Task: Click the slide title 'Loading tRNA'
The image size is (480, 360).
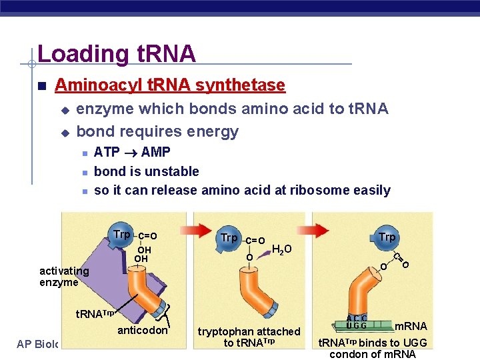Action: (117, 53)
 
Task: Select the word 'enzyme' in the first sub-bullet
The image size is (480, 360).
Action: (103, 109)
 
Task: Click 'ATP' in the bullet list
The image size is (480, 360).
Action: (107, 152)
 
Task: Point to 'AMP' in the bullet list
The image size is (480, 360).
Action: (157, 152)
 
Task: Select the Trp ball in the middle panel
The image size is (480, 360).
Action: (229, 237)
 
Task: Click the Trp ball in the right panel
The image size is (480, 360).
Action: (387, 237)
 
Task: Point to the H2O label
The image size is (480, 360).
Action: (281, 250)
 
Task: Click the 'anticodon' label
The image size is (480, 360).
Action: (143, 330)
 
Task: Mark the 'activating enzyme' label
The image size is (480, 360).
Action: (64, 276)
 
